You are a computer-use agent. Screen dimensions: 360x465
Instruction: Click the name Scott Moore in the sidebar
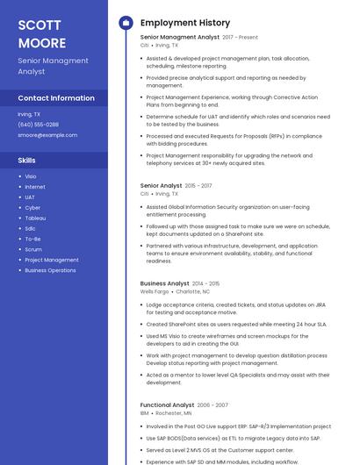point(42,33)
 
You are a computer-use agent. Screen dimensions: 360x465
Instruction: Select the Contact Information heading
point(56,98)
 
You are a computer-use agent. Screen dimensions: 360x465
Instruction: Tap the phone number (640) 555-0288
point(38,125)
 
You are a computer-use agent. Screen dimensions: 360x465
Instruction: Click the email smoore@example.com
point(47,135)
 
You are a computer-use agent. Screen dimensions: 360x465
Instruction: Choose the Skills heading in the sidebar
point(27,161)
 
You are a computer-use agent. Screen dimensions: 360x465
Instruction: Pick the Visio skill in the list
point(31,176)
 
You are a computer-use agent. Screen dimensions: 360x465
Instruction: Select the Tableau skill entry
point(35,218)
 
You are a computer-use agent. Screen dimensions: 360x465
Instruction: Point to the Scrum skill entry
point(33,249)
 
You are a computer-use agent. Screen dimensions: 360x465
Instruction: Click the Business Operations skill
point(50,270)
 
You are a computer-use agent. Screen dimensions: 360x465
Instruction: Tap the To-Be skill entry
point(32,239)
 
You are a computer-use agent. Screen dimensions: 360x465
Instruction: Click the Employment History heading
point(185,23)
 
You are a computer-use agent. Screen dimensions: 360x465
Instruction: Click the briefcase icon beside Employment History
point(126,23)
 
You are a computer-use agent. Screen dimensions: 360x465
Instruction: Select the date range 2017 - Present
point(241,38)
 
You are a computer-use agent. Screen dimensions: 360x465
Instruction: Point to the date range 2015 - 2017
point(198,186)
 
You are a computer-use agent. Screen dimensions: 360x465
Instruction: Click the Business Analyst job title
point(164,283)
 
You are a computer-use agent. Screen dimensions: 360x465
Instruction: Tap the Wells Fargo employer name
point(154,291)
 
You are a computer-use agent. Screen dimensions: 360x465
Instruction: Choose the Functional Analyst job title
point(167,404)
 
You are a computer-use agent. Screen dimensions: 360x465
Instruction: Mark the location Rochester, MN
point(174,412)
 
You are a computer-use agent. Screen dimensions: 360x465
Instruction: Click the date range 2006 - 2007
point(212,405)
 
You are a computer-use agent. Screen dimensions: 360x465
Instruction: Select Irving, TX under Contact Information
point(29,114)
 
